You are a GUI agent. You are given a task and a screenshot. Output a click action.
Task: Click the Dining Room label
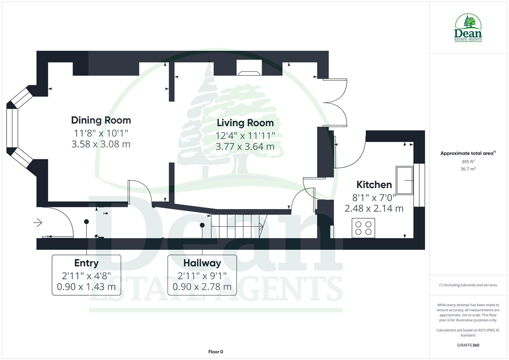pyautogui.click(x=101, y=120)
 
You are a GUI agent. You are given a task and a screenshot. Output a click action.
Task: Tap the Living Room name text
pyautogui.click(x=245, y=123)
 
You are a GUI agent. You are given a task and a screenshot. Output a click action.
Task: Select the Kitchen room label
pyautogui.click(x=374, y=185)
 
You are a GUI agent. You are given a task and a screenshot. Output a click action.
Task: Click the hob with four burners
pyautogui.click(x=363, y=228)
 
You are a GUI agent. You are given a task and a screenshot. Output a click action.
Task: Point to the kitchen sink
pyautogui.click(x=404, y=180)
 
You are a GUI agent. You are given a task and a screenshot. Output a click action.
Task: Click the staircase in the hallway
pyautogui.click(x=237, y=226)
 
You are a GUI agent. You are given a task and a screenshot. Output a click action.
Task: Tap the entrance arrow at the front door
pyautogui.click(x=38, y=222)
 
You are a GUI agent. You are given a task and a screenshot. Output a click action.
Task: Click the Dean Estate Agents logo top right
pyautogui.click(x=468, y=28)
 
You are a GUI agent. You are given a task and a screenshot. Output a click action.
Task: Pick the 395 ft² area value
pyautogui.click(x=468, y=162)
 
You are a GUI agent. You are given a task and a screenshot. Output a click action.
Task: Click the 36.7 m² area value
pyautogui.click(x=468, y=169)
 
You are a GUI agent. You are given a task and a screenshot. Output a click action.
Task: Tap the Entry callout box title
pyautogui.click(x=86, y=263)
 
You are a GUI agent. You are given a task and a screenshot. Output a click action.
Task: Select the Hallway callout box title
pyautogui.click(x=202, y=263)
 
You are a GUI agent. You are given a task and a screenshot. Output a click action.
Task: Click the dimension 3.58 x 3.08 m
pyautogui.click(x=101, y=144)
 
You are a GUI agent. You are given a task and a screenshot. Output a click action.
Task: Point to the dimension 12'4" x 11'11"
pyautogui.click(x=245, y=136)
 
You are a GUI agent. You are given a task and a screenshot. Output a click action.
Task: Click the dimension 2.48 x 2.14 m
pyautogui.click(x=374, y=209)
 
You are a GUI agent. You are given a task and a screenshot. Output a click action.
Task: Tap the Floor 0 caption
pyautogui.click(x=216, y=352)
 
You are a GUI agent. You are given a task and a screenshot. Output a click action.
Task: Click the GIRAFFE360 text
pyautogui.click(x=468, y=345)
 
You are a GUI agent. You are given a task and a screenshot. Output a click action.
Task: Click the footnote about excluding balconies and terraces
pyautogui.click(x=468, y=285)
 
